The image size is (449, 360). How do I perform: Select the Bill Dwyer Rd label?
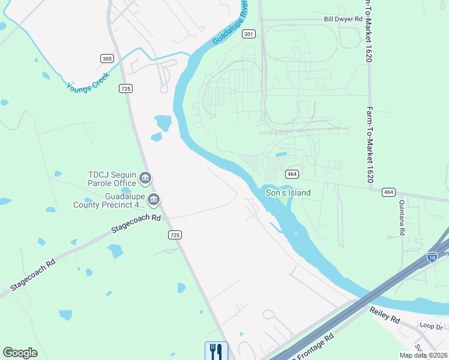343,19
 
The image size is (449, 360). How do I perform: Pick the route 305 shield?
107,58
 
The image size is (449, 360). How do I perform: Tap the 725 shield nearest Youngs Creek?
125,88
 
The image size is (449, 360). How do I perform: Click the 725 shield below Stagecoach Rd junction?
175,235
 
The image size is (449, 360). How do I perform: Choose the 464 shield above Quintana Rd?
388,192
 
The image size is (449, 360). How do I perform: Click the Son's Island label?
289,193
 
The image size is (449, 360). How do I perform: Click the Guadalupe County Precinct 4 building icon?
154,199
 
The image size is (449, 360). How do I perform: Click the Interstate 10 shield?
432,256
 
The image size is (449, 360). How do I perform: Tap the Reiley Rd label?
384,317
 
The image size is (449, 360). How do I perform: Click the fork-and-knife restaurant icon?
216,350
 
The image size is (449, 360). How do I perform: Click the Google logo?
20,353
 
